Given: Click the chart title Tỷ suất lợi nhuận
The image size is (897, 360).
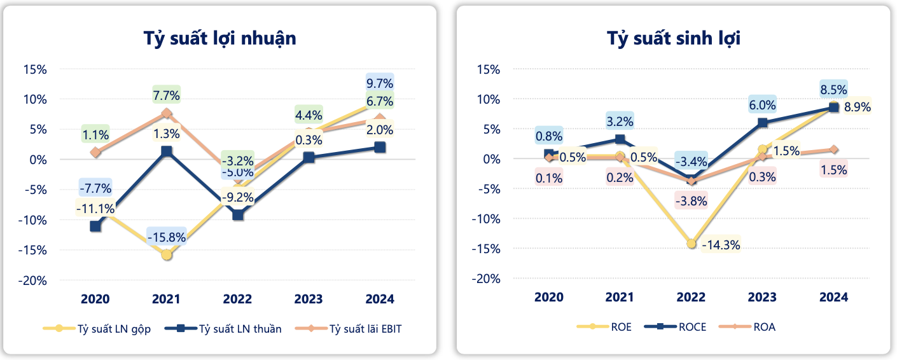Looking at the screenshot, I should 219,38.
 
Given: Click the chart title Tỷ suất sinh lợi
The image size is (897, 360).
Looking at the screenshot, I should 674,38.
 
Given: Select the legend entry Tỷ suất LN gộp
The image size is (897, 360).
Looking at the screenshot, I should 114,329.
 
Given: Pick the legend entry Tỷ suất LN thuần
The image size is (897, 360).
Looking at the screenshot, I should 240,329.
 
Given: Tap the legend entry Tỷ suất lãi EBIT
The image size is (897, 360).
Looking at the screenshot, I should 366,329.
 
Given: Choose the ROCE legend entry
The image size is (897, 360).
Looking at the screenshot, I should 692,328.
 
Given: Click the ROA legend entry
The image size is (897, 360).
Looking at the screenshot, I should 764,328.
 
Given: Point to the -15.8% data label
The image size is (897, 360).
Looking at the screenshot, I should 166,237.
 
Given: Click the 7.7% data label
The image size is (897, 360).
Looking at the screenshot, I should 167,96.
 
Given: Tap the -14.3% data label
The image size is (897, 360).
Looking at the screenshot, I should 721,244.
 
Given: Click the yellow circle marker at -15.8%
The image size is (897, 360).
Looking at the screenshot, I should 167,254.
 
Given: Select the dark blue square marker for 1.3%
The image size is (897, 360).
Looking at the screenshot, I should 167,151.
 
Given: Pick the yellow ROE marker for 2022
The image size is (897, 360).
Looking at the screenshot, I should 692,244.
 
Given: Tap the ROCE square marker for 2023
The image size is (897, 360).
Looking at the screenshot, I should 763,123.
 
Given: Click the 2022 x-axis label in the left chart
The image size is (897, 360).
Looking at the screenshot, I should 237,299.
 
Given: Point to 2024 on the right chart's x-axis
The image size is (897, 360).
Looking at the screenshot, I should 833,297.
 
